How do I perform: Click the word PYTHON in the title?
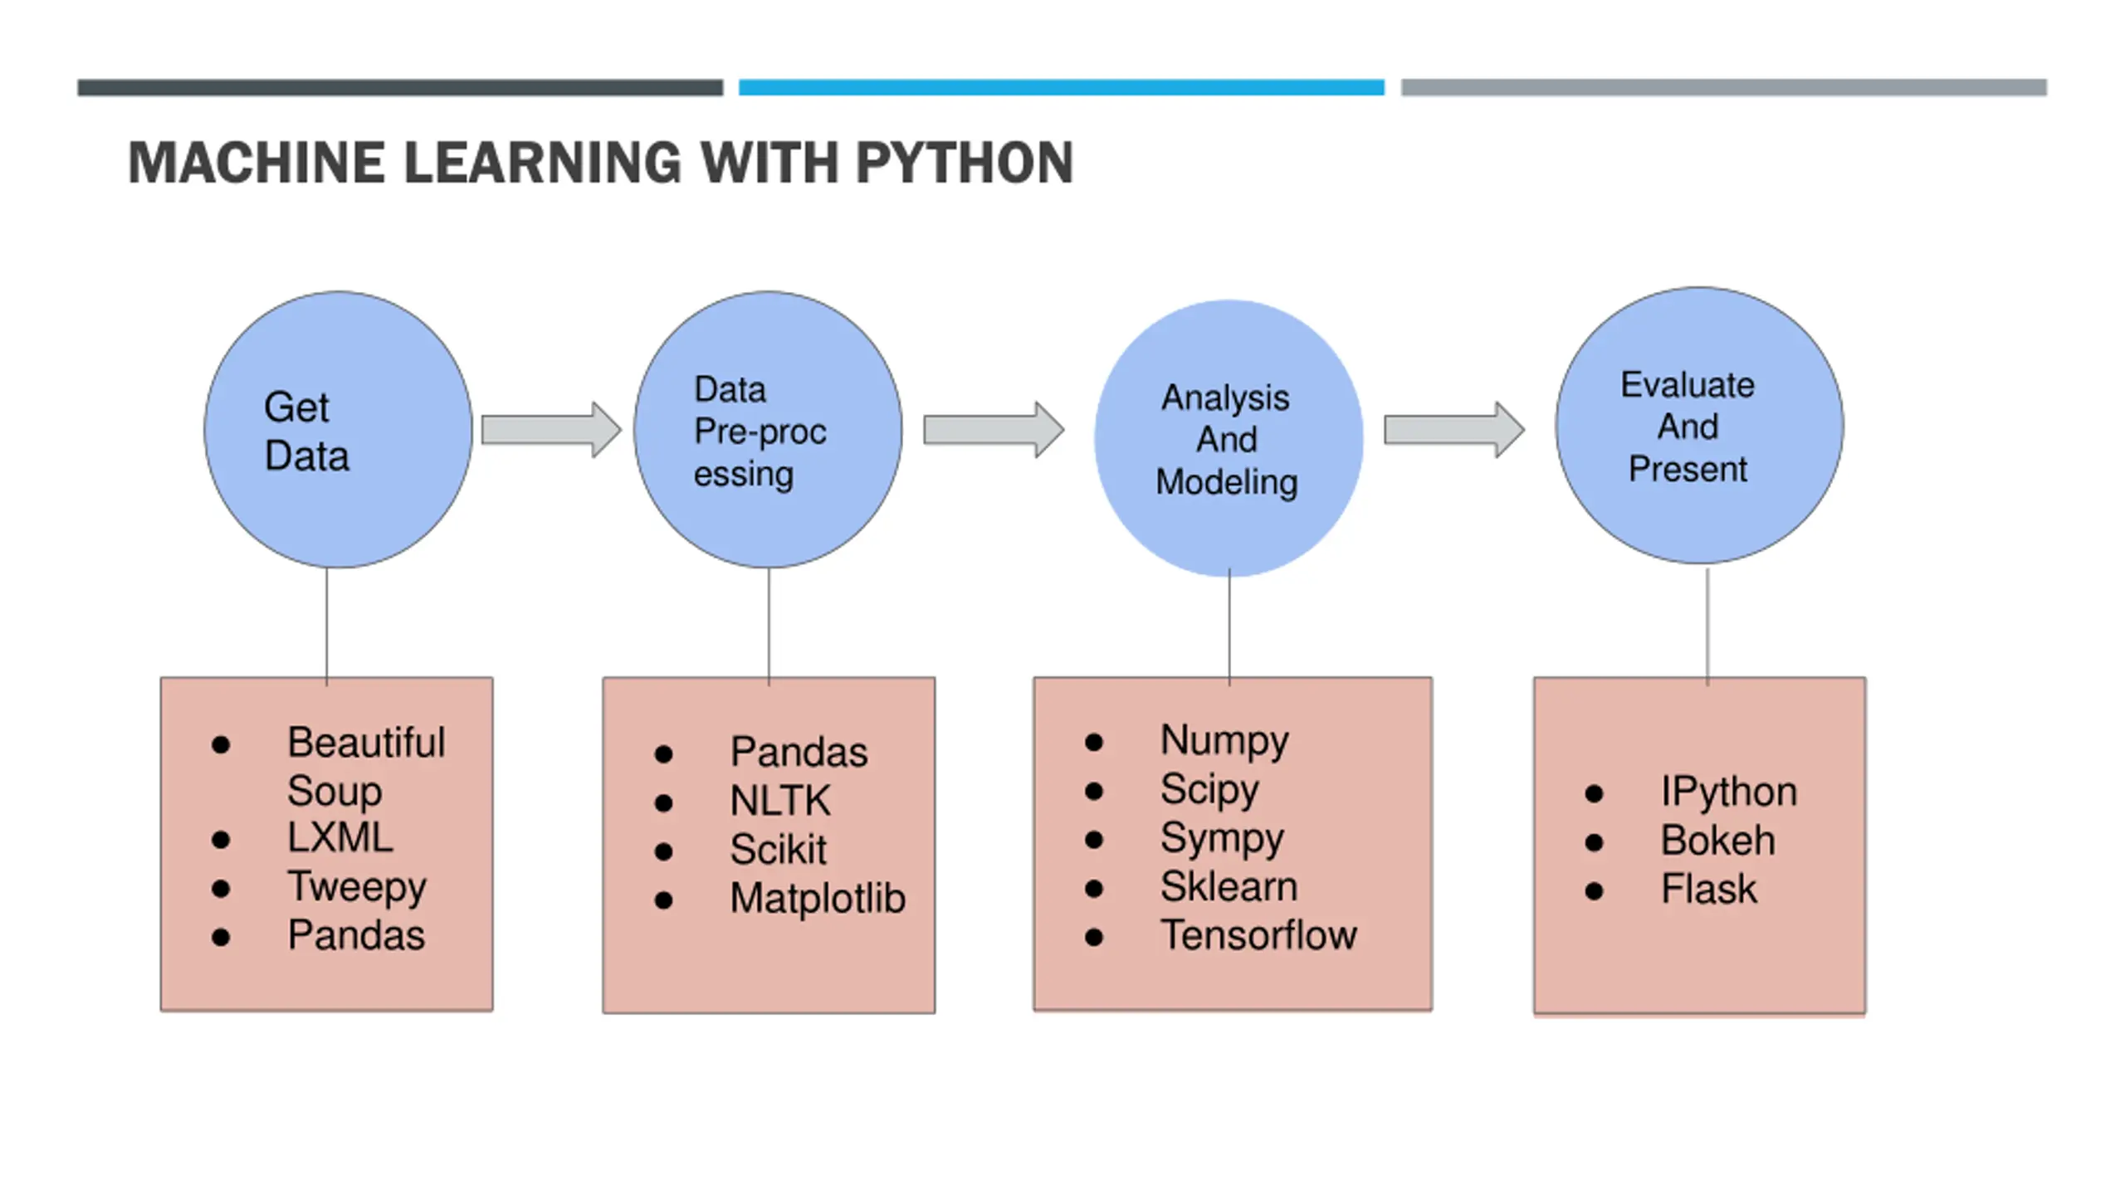point(965,163)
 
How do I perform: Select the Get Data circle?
point(339,430)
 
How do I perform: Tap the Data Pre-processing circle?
point(768,430)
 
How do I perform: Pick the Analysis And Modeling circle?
point(1229,438)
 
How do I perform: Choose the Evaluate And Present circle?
point(1699,426)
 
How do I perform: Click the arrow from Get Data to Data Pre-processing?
point(551,430)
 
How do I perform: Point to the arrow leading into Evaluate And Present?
point(1454,430)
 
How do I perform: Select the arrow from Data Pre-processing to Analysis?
point(994,430)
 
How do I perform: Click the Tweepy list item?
point(357,888)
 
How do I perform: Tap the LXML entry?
point(340,837)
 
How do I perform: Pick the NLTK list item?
point(780,802)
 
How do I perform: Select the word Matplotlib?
point(818,899)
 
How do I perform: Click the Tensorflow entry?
point(1258,935)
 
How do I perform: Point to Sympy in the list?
point(1222,839)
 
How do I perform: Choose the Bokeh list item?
point(1717,841)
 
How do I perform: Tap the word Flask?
point(1709,890)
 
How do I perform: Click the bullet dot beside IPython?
point(1594,794)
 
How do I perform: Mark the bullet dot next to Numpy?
point(1094,742)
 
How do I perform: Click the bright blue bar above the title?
point(1062,87)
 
